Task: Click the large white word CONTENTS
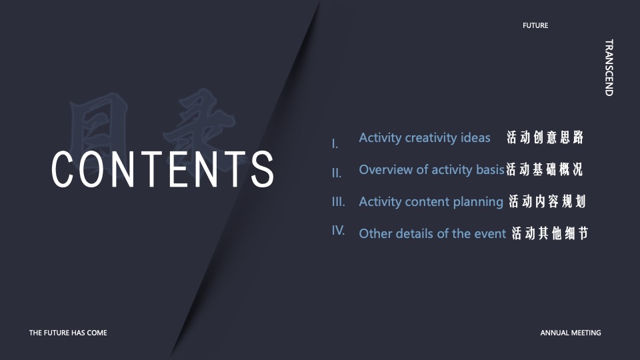[x=163, y=169]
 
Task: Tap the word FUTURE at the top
[x=535, y=25]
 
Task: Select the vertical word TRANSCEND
[x=609, y=67]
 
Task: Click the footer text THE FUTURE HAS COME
[x=68, y=333]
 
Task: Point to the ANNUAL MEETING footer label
[x=570, y=333]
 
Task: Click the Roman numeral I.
[x=335, y=144]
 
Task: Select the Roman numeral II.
[x=337, y=173]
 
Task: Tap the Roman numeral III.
[x=339, y=201]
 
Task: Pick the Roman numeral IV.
[x=339, y=230]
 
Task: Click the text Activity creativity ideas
[x=425, y=138]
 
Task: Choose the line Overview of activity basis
[x=432, y=170]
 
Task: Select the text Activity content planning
[x=431, y=201]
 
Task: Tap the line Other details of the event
[x=432, y=233]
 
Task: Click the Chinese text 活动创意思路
[x=545, y=137]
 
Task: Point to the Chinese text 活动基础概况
[x=545, y=169]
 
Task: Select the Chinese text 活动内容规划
[x=547, y=201]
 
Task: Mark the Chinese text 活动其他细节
[x=550, y=233]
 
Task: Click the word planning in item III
[x=478, y=202]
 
